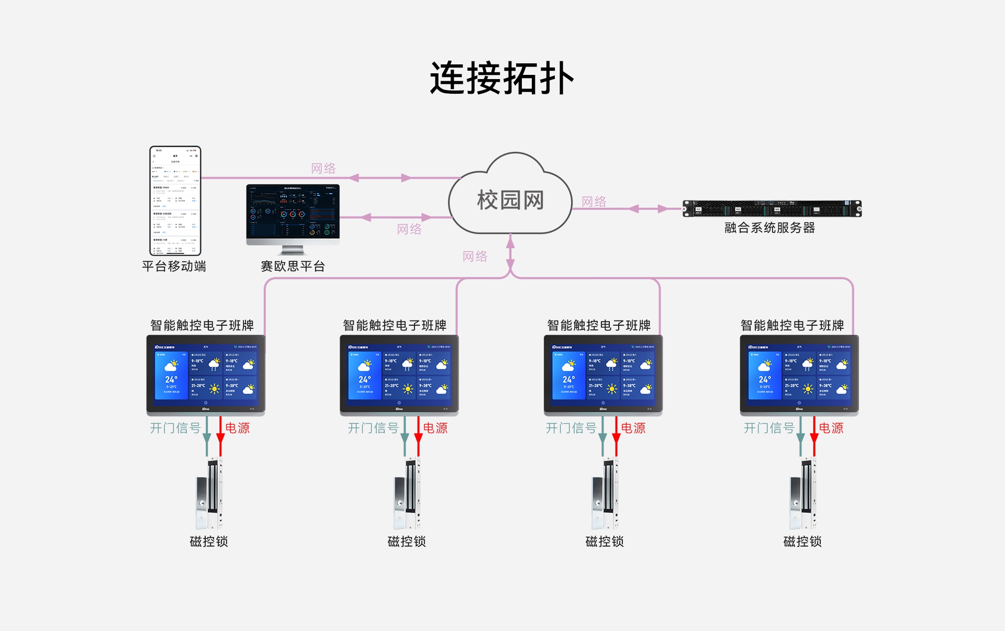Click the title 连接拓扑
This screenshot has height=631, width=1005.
502,79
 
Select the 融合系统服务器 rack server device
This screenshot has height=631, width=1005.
772,208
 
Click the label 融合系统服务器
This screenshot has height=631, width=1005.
769,228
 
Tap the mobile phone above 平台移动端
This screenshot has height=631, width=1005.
175,201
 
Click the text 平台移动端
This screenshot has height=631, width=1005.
174,266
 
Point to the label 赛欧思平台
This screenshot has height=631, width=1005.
293,266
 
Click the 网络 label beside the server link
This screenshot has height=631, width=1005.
594,202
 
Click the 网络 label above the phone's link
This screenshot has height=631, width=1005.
323,168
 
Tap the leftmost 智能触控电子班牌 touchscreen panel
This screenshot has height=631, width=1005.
206,374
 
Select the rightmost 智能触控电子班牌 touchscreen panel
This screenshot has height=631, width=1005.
799,374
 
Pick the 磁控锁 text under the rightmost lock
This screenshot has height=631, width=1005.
802,541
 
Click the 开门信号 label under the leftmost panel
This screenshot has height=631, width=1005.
175,428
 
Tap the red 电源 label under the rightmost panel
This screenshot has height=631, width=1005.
831,428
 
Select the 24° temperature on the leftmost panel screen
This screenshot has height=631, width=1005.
171,379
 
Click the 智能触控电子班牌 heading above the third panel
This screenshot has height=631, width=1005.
599,325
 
